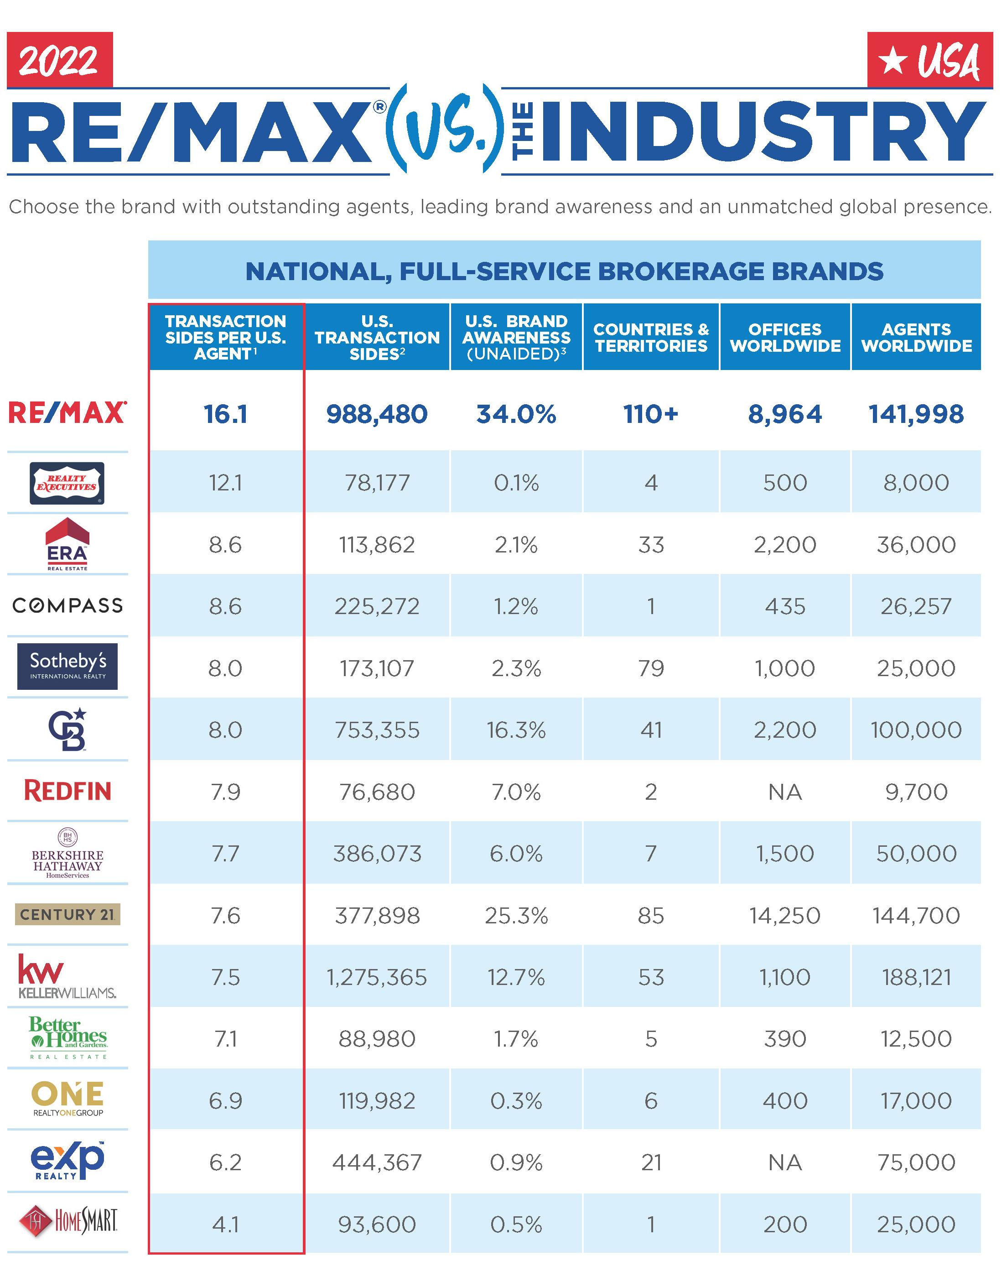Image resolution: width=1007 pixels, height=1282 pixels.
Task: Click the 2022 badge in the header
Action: click(x=60, y=60)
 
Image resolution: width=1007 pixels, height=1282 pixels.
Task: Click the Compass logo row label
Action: click(x=68, y=605)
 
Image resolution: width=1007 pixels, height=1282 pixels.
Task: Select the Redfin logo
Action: click(x=68, y=791)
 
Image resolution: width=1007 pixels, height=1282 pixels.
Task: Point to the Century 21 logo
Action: click(x=68, y=915)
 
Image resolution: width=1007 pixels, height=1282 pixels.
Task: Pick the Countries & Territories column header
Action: click(x=651, y=337)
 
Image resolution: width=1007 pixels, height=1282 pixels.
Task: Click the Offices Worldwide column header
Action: click(x=785, y=337)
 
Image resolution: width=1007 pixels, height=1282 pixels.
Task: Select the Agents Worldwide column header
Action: click(x=916, y=337)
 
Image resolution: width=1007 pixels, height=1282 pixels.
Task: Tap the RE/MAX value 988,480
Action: click(x=377, y=414)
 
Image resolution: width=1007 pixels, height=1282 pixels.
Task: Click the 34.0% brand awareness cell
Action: click(x=516, y=414)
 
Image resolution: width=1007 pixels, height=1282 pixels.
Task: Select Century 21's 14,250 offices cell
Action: click(x=785, y=915)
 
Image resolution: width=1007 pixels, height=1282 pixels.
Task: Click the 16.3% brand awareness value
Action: click(x=516, y=730)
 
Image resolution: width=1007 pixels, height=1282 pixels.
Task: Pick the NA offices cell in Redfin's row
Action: click(x=785, y=792)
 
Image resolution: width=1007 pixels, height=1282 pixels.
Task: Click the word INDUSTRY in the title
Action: click(x=764, y=131)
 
